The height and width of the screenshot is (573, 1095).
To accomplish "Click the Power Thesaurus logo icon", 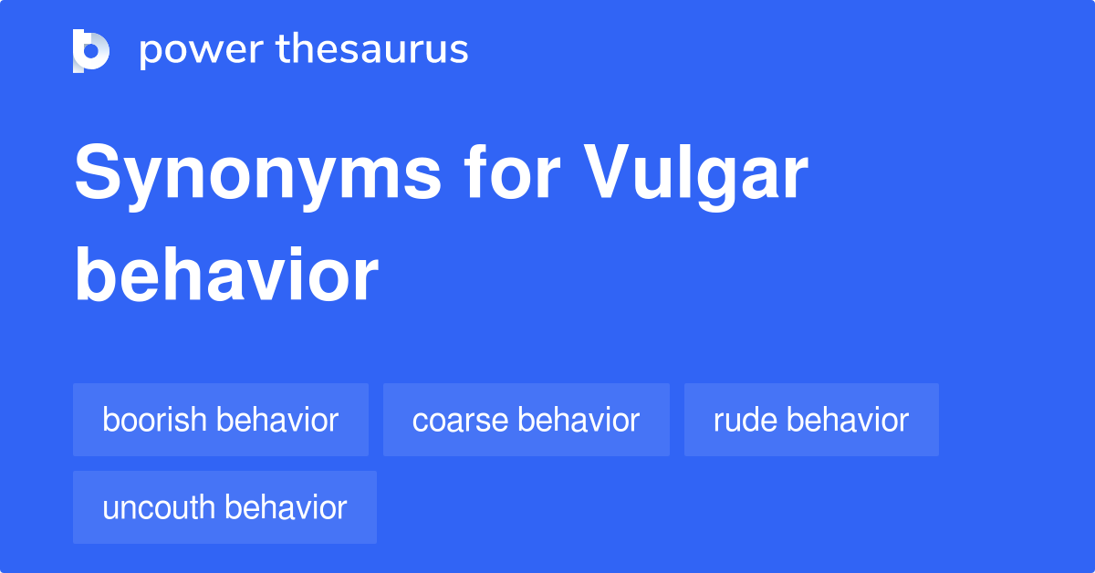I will (x=91, y=50).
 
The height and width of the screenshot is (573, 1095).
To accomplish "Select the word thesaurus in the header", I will (x=372, y=50).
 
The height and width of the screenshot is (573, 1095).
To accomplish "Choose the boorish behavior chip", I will (x=221, y=420).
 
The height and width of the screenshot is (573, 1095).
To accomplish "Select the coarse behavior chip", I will (x=527, y=420).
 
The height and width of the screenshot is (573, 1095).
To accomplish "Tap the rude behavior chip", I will (x=811, y=420).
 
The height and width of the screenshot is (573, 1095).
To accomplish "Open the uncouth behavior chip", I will (x=224, y=507).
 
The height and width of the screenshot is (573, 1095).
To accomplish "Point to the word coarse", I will (x=461, y=421).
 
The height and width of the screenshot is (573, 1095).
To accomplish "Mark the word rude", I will (x=746, y=420).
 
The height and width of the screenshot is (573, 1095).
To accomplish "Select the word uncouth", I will (x=160, y=507).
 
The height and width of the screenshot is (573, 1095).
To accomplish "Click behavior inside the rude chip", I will (x=848, y=420).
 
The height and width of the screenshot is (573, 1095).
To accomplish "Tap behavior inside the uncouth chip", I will (x=287, y=507).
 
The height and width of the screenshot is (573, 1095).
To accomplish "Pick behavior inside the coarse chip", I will (x=579, y=420).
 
